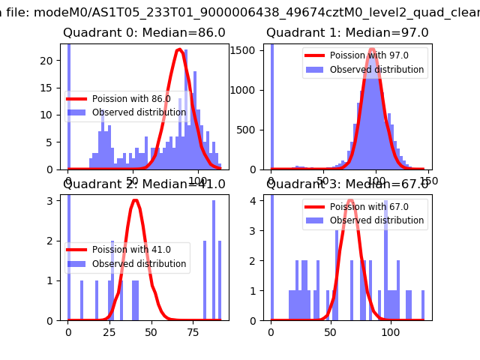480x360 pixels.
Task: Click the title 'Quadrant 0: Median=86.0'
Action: [144, 33]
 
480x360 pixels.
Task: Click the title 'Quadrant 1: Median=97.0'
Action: [347, 33]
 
